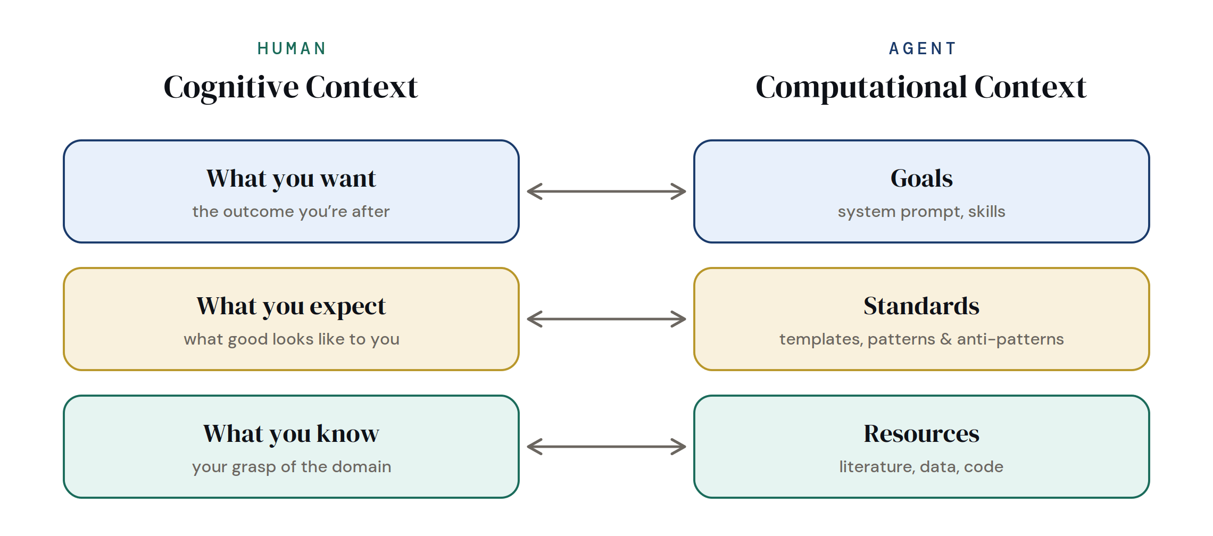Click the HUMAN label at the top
(291, 48)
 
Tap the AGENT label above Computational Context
(923, 48)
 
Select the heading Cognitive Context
(290, 87)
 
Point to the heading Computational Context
(921, 87)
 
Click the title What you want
(291, 179)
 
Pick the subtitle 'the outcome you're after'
(291, 212)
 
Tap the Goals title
(921, 179)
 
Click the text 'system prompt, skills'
(921, 212)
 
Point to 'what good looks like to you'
(292, 339)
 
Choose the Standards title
(921, 306)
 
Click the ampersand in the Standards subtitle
(946, 339)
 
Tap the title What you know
(291, 434)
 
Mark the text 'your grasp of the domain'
(292, 467)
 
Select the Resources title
(921, 434)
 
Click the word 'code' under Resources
(983, 467)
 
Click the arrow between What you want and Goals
(606, 191)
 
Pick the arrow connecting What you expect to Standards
(606, 319)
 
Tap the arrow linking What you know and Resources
(606, 447)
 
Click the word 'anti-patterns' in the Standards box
(1010, 339)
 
